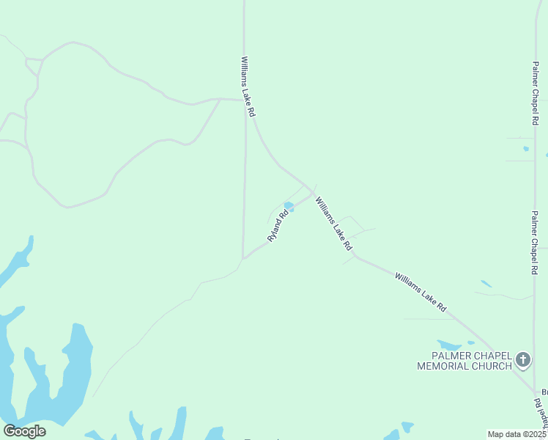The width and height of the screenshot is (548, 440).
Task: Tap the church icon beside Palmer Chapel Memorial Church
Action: [522, 359]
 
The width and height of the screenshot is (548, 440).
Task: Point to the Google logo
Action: [24, 431]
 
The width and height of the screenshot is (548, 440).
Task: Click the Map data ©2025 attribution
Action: [516, 434]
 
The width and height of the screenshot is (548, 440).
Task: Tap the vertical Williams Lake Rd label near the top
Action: [247, 87]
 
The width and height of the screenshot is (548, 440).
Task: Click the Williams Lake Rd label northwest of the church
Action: [420, 293]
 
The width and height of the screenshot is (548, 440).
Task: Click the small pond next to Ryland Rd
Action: [289, 207]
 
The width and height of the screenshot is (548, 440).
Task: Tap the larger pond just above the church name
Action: [448, 344]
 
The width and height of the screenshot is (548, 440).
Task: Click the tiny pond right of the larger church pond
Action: [470, 343]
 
